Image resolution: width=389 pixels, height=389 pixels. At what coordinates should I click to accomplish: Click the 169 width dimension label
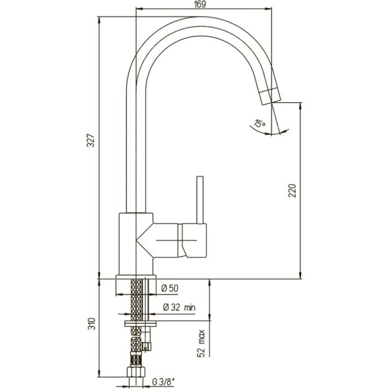coord(200,4)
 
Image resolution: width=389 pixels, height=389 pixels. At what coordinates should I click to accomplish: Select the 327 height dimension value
coord(92,141)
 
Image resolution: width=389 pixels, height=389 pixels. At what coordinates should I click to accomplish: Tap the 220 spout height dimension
coord(293,190)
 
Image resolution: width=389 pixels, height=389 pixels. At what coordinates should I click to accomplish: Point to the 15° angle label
coord(260,124)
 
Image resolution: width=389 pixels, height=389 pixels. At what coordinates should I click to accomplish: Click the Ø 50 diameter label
coord(170,288)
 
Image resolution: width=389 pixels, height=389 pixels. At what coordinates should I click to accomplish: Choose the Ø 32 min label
coord(179,308)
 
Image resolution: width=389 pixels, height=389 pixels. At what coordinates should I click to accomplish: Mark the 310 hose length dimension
coord(92,324)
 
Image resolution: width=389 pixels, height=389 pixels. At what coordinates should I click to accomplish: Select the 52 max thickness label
coord(201,343)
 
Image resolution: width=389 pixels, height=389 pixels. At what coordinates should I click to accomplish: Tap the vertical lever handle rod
coord(200,200)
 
